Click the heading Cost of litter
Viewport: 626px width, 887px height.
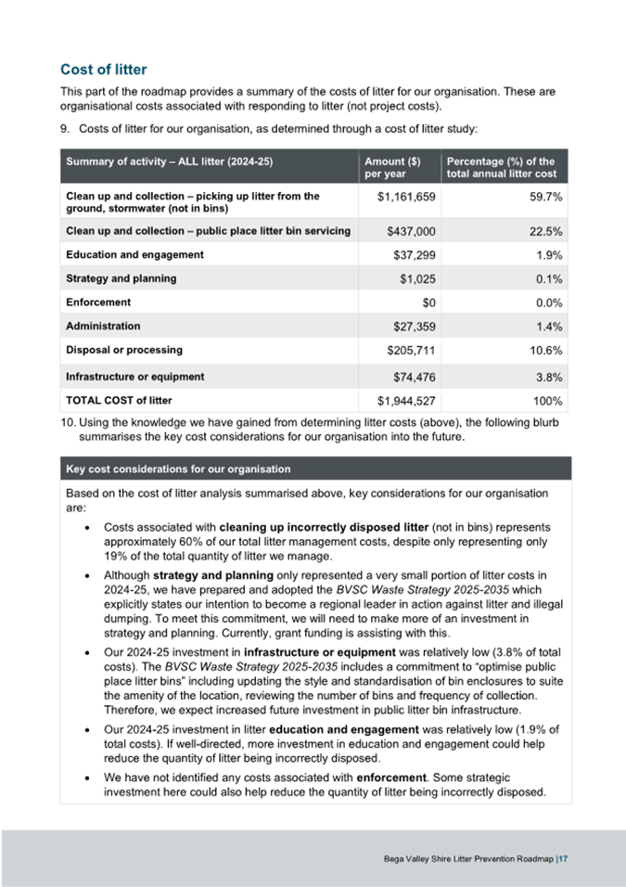pyautogui.click(x=103, y=70)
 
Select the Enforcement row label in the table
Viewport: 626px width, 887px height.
pyautogui.click(x=98, y=302)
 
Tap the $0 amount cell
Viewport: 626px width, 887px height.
pyautogui.click(x=428, y=302)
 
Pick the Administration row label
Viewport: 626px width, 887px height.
pyautogui.click(x=104, y=326)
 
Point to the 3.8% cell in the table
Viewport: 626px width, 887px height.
pyautogui.click(x=550, y=378)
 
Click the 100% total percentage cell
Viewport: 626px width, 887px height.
pyautogui.click(x=548, y=401)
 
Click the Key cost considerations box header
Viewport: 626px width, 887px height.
pyautogui.click(x=178, y=469)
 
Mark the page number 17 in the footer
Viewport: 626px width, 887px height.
pyautogui.click(x=563, y=859)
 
